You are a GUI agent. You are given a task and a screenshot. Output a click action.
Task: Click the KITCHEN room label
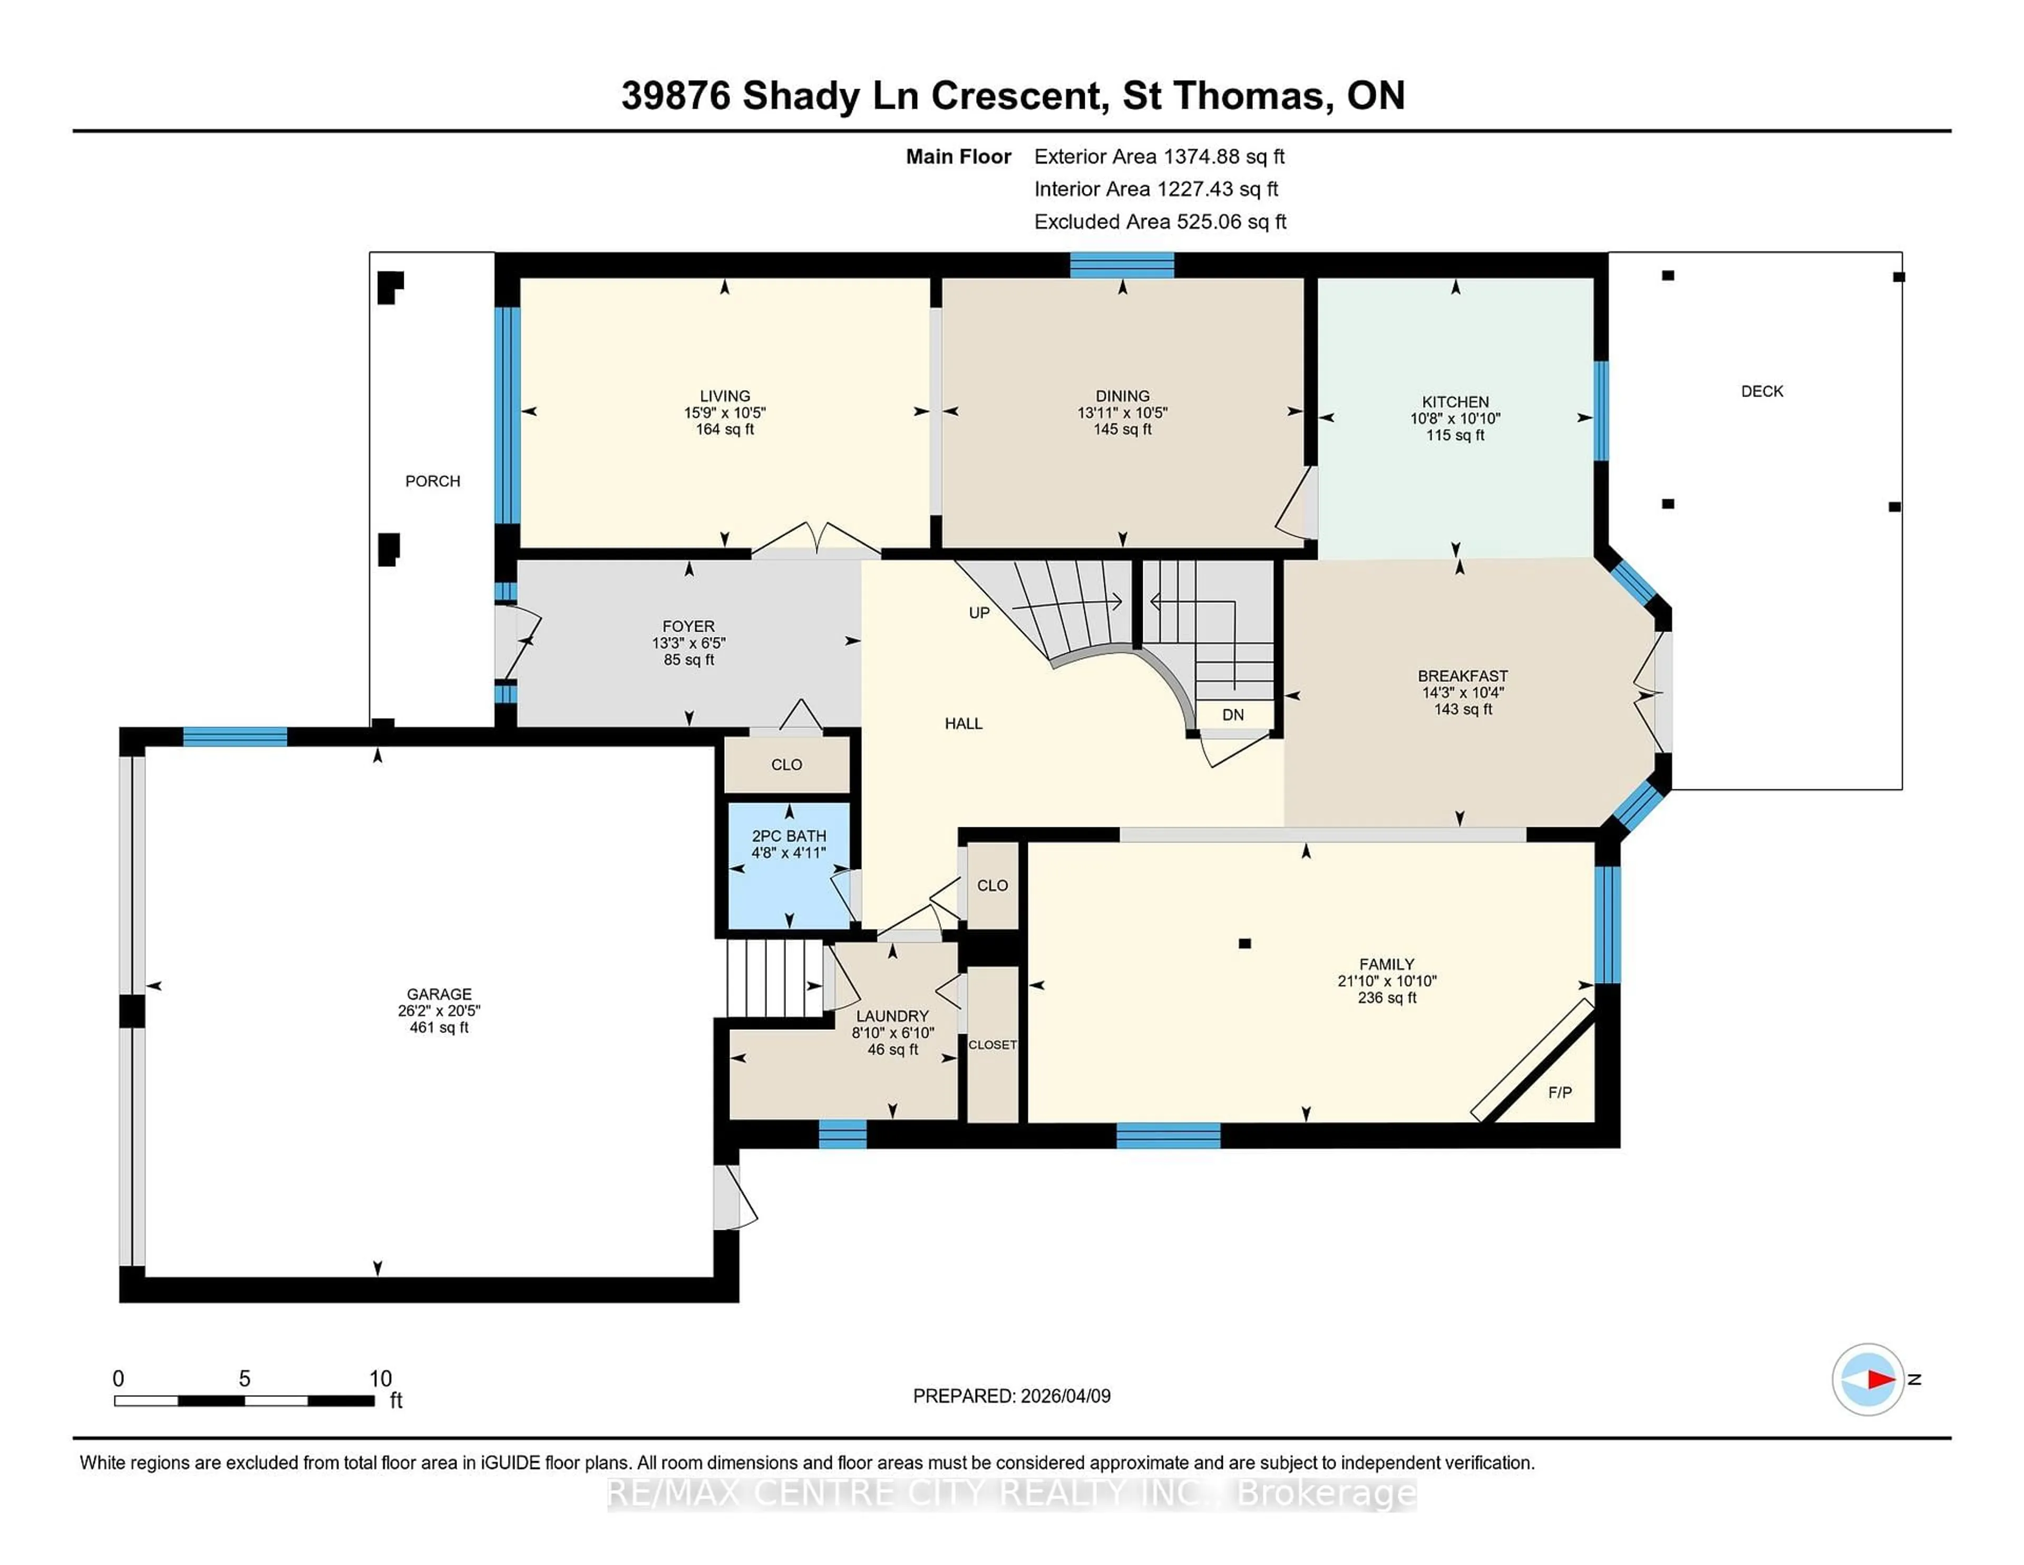point(1455,401)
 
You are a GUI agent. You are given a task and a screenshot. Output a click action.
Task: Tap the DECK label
point(1761,391)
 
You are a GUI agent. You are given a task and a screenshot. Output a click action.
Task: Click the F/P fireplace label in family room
point(1560,1092)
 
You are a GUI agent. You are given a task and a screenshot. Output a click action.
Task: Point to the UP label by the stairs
point(979,613)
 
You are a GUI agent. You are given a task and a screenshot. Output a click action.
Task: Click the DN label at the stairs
point(1232,715)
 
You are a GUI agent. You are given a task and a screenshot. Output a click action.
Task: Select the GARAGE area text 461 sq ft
point(439,1027)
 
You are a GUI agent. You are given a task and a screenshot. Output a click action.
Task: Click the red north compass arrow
point(1880,1379)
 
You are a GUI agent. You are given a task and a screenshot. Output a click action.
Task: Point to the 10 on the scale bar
point(380,1379)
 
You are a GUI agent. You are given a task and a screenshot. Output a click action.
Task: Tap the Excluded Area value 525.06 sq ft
point(1231,221)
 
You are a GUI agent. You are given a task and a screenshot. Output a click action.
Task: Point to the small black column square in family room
point(1244,944)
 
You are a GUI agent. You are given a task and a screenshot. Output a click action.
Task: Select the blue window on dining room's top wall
point(1121,265)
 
